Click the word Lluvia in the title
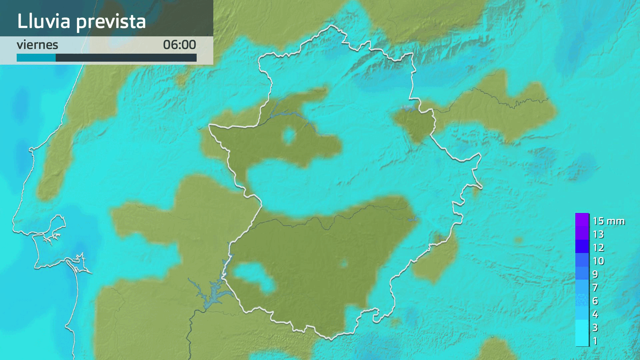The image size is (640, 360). coord(44,21)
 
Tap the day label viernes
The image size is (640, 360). coord(37,45)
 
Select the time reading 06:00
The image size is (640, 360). coord(179,45)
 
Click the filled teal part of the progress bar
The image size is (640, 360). coord(36,58)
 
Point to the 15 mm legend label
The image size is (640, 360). coord(608,221)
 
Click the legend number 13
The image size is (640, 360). coord(598,234)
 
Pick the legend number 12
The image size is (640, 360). coord(598,248)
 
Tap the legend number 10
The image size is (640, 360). coord(598,261)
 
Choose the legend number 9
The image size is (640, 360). coord(595,274)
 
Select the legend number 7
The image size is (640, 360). coord(595,288)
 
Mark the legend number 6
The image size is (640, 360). coord(595,301)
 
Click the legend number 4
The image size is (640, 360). coord(595,314)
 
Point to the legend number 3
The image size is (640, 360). coord(595,328)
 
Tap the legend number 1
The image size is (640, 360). coord(595,341)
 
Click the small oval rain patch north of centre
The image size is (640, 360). coord(289,136)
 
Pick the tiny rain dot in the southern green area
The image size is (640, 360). coord(344,264)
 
